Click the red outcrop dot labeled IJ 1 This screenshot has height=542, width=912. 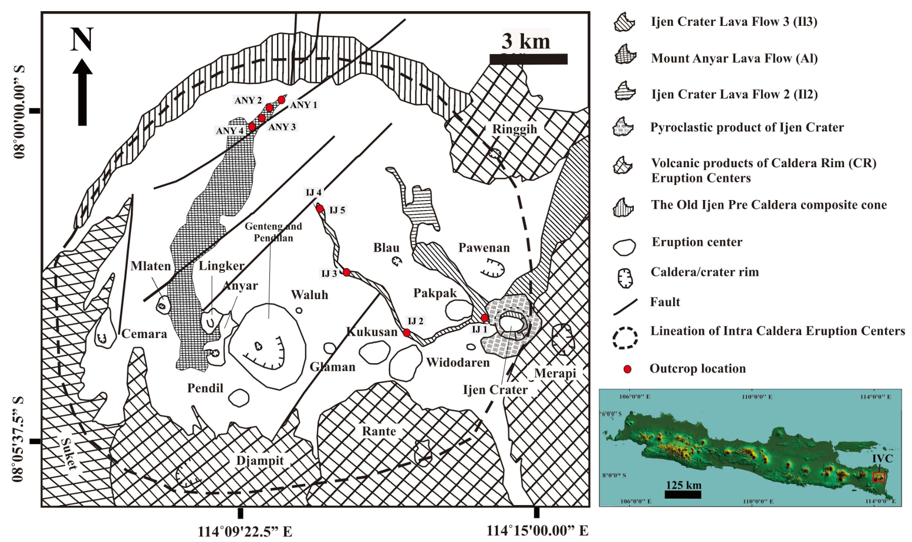point(484,318)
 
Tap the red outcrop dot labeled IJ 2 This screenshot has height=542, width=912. point(407,333)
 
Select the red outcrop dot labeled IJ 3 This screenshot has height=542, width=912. point(347,272)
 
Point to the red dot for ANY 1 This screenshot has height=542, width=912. point(282,100)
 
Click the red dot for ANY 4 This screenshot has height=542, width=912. point(252,126)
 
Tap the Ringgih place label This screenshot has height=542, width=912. point(514,129)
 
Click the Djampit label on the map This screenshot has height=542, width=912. point(259,460)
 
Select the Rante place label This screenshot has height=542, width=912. point(379,431)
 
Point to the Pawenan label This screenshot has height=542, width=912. point(484,248)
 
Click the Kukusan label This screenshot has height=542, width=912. point(372,332)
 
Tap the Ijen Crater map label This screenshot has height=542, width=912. point(495,389)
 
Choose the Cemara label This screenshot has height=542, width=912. point(144,334)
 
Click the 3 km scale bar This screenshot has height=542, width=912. point(528,59)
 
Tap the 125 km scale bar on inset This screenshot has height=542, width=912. point(683,494)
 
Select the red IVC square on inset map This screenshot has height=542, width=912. point(879,477)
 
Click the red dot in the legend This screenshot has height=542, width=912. point(627,369)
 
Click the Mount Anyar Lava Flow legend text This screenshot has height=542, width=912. point(734,58)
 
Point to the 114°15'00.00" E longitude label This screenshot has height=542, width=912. point(537,531)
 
